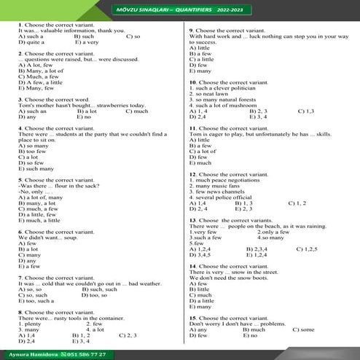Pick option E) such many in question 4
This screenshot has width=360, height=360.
pyautogui.click(x=35, y=168)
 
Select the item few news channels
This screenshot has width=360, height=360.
pyautogui.click(x=219, y=192)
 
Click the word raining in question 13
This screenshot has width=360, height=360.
pyautogui.click(x=313, y=227)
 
